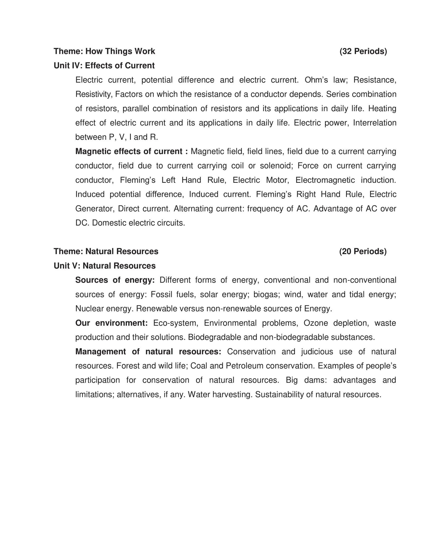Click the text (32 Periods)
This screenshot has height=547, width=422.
coord(363,51)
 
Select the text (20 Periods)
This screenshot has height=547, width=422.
coord(363,251)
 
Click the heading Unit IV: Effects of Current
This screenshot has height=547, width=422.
coord(104,66)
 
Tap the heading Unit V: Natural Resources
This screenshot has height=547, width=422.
coord(105,265)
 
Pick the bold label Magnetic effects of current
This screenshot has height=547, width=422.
coord(131,151)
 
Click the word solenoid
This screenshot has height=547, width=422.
coord(276,166)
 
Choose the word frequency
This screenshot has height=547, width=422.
coord(267,209)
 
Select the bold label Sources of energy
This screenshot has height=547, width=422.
coord(115,280)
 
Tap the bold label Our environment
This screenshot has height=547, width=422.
coord(111,323)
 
